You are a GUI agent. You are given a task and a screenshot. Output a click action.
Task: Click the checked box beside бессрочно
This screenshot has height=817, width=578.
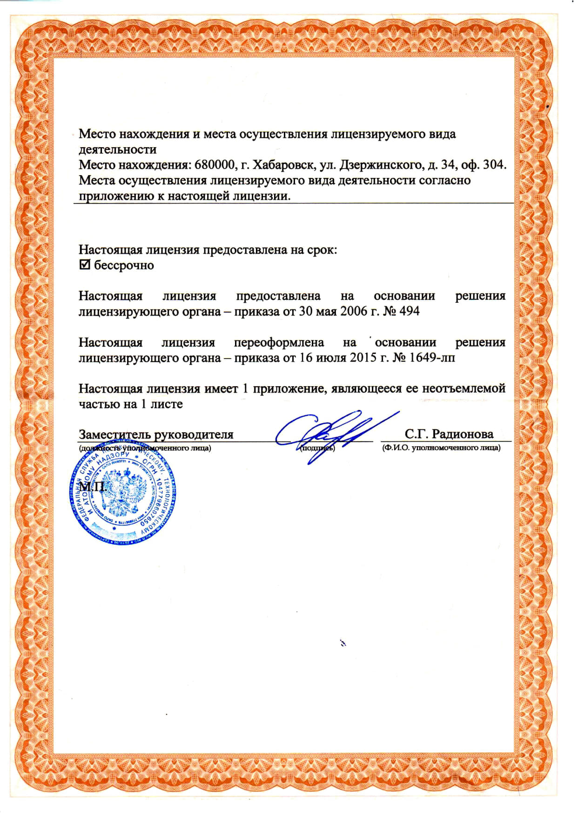pos(84,265)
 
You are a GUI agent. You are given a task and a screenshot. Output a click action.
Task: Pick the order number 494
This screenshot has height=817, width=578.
pos(410,311)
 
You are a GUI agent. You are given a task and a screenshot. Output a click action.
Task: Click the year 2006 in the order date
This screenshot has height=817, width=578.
pos(354,311)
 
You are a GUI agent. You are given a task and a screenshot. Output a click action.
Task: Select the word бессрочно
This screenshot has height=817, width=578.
pos(124,266)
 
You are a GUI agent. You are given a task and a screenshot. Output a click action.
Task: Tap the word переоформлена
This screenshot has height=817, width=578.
pos(279,342)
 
